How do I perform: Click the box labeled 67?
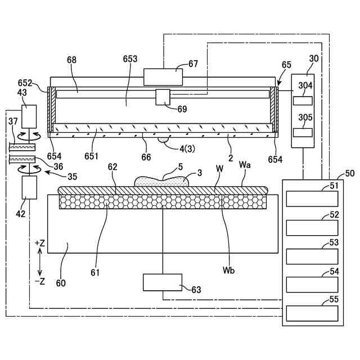[163, 77]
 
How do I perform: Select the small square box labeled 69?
[163, 97]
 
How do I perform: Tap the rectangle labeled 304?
[303, 101]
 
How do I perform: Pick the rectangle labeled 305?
[303, 133]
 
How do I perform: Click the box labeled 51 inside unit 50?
[312, 199]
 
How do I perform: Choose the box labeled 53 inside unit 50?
[312, 256]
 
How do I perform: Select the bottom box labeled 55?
[312, 313]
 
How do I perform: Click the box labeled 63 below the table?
[163, 282]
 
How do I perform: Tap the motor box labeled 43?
[29, 116]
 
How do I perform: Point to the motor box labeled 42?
[29, 187]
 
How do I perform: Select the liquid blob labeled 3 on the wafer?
[161, 181]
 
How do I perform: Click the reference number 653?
[130, 59]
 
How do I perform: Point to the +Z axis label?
[40, 244]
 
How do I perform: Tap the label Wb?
[228, 271]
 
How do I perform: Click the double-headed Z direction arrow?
[40, 263]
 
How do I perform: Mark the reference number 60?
[61, 283]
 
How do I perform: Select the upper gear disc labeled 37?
[22, 147]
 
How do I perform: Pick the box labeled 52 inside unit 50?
[312, 228]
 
